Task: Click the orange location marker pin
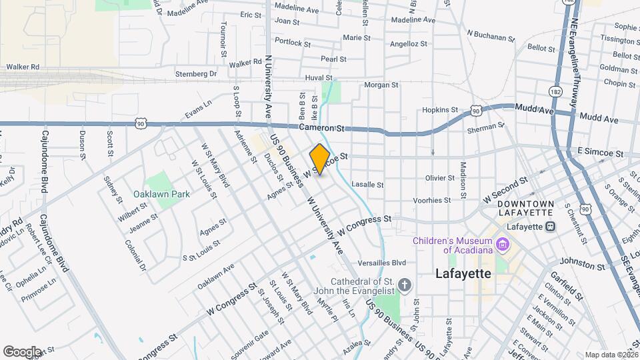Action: [320, 159]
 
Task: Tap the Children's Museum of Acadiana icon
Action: [504, 245]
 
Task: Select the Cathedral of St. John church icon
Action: [404, 287]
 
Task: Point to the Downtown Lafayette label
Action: [526, 207]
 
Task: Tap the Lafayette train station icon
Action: [551, 226]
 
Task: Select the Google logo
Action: [21, 351]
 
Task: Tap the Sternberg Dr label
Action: [196, 73]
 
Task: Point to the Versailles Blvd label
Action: [382, 263]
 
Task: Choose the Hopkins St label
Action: [440, 110]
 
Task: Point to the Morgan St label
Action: [381, 85]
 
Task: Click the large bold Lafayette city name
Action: [463, 273]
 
